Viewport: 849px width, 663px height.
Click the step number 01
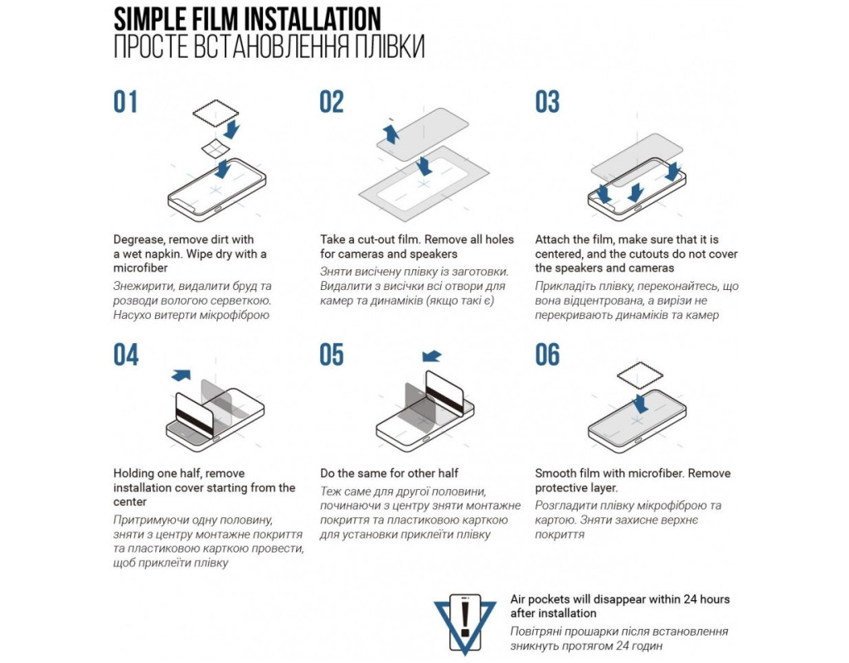click(x=125, y=102)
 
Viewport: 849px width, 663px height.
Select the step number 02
click(x=332, y=102)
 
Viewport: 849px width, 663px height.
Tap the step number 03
click(x=547, y=102)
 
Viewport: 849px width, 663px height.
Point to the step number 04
click(x=126, y=355)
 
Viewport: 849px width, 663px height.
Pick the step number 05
click(x=332, y=355)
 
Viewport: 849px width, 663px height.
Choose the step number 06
click(x=547, y=355)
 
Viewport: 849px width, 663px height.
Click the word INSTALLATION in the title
click(x=312, y=19)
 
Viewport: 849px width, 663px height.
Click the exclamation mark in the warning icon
click(x=464, y=618)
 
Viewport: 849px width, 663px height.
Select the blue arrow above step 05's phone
click(x=431, y=356)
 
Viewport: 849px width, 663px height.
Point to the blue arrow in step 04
click(x=181, y=375)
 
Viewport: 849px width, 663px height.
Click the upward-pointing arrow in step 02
click(x=391, y=133)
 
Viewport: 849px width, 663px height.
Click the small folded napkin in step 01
click(x=215, y=148)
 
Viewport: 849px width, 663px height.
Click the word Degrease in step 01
click(x=138, y=240)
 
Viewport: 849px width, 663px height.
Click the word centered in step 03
click(x=558, y=254)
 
